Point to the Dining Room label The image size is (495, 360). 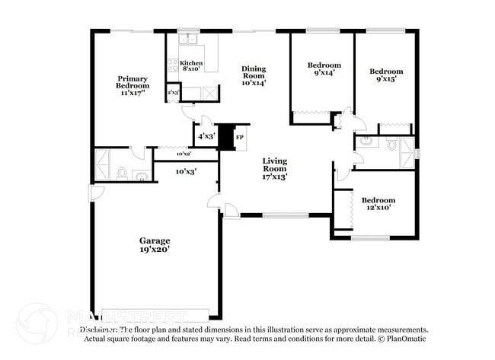coord(254,72)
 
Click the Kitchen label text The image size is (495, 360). coord(191,63)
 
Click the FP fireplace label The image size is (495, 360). coord(239,137)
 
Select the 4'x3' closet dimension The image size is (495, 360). coord(206,136)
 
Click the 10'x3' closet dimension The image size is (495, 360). coord(186,171)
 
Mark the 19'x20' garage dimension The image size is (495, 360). coord(154,249)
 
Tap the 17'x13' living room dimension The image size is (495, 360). coord(274,177)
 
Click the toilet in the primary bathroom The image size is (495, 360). coord(122,174)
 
